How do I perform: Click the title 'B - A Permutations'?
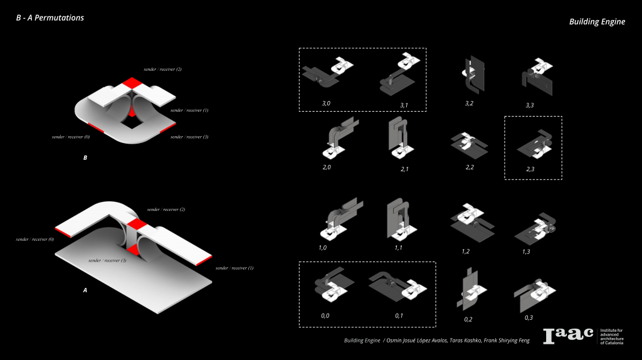coord(50,18)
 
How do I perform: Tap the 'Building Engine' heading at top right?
coord(597,21)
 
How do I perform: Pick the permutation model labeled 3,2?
coord(470,75)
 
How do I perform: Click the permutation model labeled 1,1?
coord(397,219)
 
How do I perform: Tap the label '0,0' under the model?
coord(325,315)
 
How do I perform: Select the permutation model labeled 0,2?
coord(470,290)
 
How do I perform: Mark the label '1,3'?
coord(527,251)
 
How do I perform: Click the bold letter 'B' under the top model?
coord(85,158)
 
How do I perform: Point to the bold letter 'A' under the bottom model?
coord(85,290)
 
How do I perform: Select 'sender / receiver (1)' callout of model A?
coord(234,268)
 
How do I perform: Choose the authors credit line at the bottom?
coord(436,341)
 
